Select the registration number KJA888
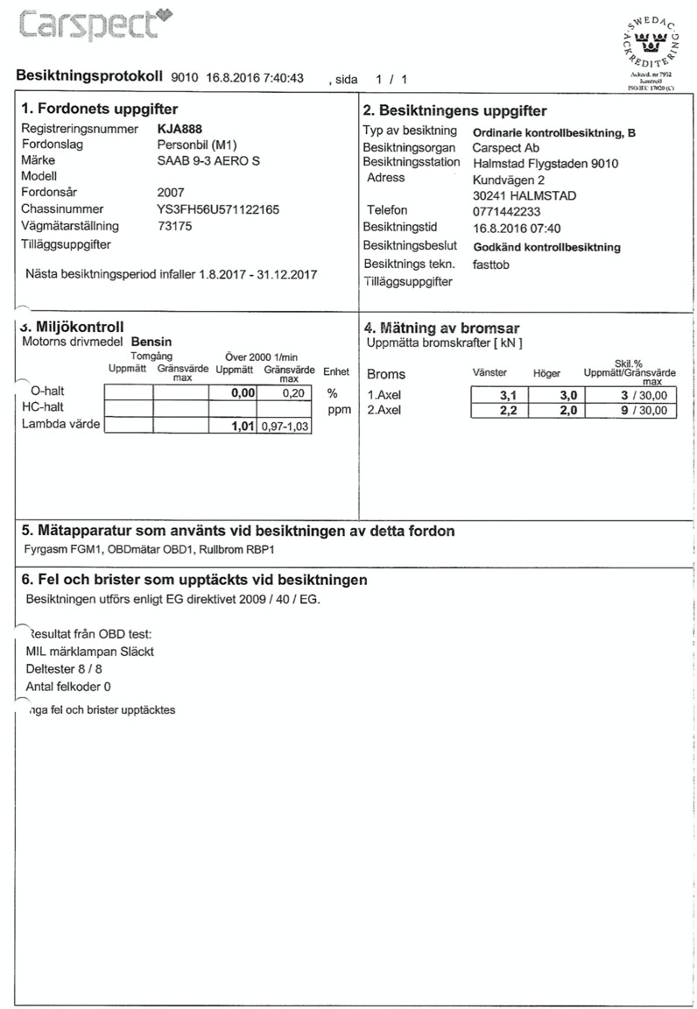pos(180,129)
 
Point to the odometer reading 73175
pos(174,226)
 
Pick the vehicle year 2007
pos(171,192)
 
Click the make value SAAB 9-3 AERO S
pos(208,161)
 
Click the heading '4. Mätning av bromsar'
pos(441,328)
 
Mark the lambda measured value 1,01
pos(241,426)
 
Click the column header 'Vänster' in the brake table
pos(489,373)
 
